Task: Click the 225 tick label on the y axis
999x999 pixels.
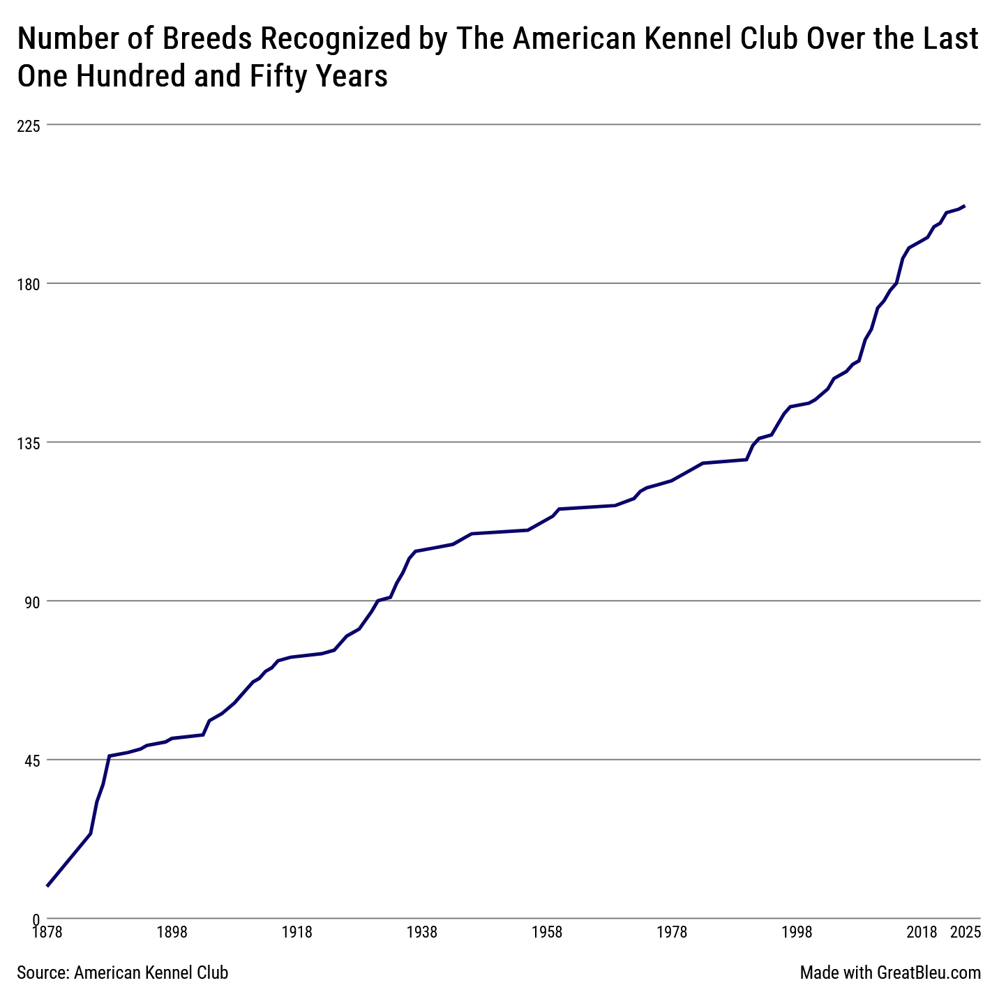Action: (x=29, y=126)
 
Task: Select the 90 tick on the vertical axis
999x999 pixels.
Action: (x=32, y=602)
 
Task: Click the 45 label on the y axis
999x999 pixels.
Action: (x=32, y=761)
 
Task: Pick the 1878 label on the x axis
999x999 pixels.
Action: (x=47, y=932)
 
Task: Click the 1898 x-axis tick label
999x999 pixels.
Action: (x=172, y=932)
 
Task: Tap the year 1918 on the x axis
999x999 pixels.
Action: (x=297, y=932)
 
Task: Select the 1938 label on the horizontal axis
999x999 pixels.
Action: (x=422, y=932)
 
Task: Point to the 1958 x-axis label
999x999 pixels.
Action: (x=547, y=932)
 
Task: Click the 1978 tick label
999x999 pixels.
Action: (x=672, y=932)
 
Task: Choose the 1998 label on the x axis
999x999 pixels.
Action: (x=797, y=932)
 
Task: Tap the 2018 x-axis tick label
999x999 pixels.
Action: (x=922, y=932)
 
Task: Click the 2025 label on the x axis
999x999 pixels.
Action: (x=966, y=932)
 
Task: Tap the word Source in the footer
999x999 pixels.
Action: (x=43, y=972)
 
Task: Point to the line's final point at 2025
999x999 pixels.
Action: (x=965, y=206)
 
